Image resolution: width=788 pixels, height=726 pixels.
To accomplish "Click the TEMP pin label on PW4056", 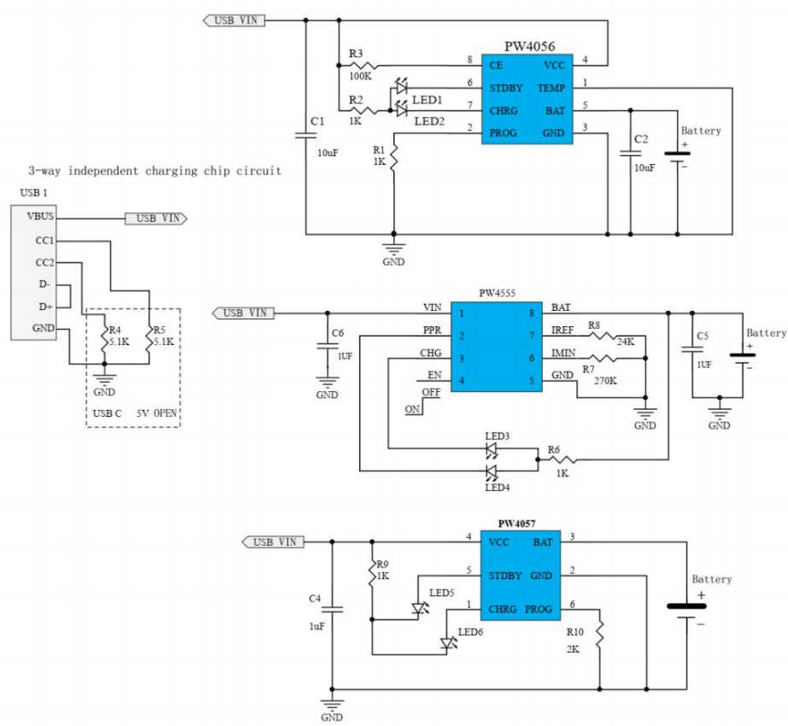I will coord(550,88).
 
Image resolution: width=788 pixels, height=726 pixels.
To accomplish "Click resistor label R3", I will coord(356,54).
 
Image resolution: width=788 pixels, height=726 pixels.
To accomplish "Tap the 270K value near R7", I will coord(605,382).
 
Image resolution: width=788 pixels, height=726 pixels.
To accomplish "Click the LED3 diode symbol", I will coord(492,448).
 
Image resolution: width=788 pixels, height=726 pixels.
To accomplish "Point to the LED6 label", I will coord(469,632).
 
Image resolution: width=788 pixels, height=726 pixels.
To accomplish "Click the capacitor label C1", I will coord(317,122).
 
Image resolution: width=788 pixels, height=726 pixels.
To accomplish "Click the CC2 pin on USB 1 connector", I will coord(35,262).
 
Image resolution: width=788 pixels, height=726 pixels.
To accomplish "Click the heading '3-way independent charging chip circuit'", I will coord(155,171).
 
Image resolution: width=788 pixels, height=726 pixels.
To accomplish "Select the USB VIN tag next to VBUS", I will coord(156,219).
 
